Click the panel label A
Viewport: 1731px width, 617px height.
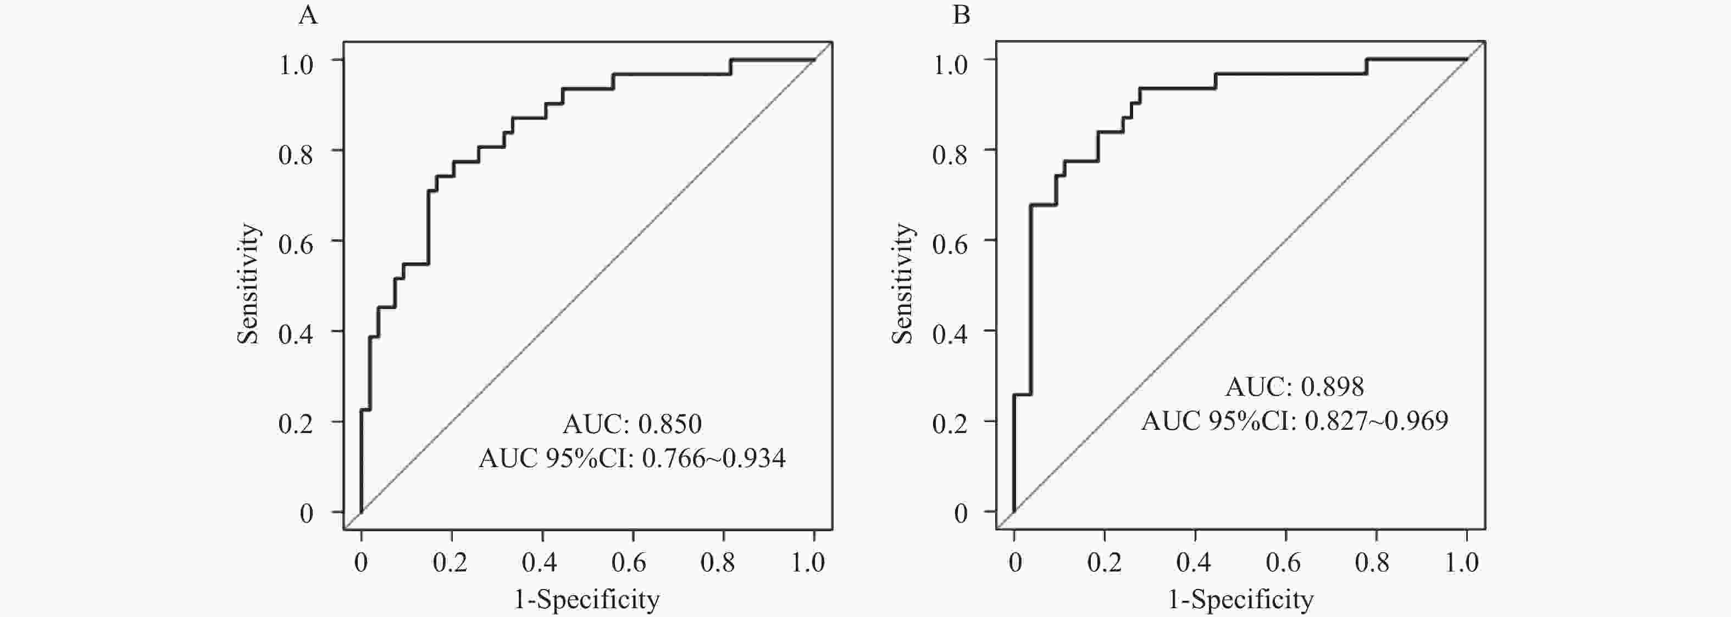coord(308,15)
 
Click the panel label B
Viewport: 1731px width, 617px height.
coord(962,15)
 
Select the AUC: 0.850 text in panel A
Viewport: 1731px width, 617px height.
coord(631,424)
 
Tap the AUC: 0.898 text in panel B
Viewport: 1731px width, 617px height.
coord(1294,386)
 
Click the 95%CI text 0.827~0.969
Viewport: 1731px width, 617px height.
coord(1376,421)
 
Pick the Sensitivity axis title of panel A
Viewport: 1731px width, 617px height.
coord(248,284)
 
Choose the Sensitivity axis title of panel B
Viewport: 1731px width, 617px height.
coord(902,284)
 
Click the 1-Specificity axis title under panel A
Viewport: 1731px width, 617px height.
coord(587,599)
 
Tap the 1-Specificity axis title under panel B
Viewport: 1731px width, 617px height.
coord(1240,599)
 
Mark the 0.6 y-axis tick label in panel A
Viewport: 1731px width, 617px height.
coord(296,244)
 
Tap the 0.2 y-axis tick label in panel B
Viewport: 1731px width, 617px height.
coord(950,424)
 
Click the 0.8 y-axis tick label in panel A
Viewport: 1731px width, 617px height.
coord(296,154)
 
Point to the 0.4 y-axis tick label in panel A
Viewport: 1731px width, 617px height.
coord(296,334)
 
